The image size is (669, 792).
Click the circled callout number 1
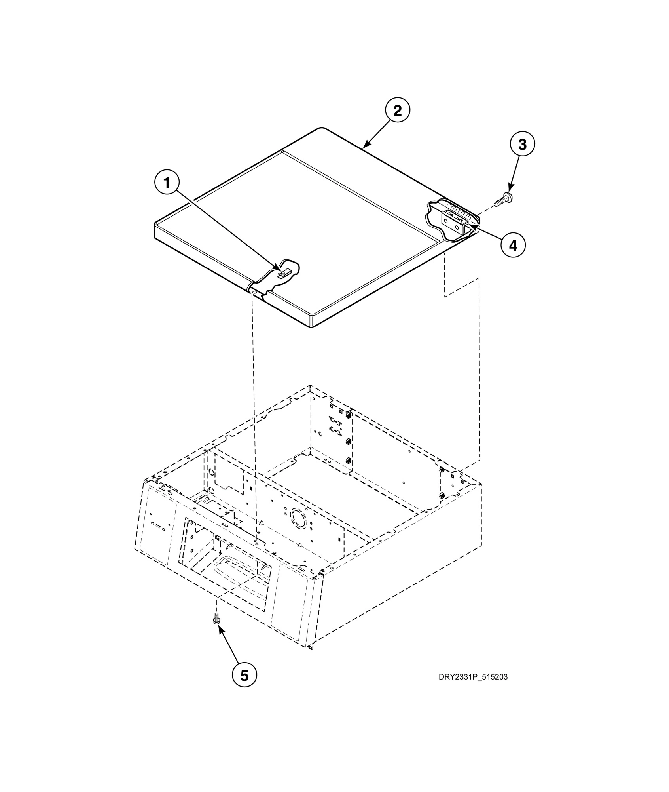point(167,183)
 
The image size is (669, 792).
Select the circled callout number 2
point(397,111)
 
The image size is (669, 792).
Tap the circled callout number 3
point(522,145)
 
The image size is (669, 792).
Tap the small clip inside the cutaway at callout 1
point(284,272)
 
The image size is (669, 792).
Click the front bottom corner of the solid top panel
point(313,327)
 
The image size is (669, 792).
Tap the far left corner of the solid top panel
point(155,225)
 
